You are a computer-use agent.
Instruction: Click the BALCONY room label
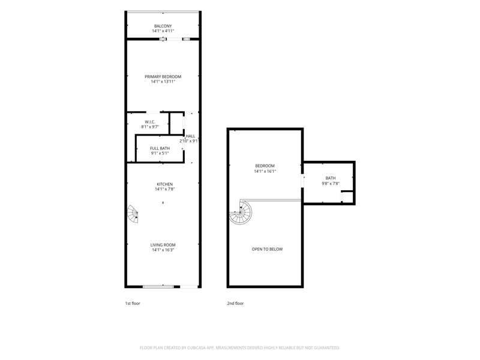coord(163,26)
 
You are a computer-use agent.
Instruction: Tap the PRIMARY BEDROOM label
coord(163,77)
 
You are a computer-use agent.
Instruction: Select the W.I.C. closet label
coord(150,122)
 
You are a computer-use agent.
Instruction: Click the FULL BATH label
coord(160,148)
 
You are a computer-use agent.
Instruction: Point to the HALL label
coord(190,136)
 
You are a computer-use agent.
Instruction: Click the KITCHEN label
coord(164,184)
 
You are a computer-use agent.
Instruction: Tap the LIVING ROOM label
coord(163,245)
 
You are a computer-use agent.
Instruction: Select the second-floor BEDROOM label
coord(265,166)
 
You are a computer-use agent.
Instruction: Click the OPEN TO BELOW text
coord(267,249)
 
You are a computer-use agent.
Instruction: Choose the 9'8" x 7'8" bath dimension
coord(331,184)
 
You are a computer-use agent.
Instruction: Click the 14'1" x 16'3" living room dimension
coord(163,250)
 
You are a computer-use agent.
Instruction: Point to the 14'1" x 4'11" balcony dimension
coord(163,31)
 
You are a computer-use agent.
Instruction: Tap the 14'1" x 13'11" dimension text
coord(163,82)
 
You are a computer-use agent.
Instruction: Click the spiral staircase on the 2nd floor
coord(241,212)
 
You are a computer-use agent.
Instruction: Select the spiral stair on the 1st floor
coord(133,214)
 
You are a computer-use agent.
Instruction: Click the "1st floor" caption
coord(133,304)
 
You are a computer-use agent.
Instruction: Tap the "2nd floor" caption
coord(235,304)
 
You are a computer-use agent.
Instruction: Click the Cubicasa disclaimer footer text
coord(240,348)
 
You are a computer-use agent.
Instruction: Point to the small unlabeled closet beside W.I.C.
coord(176,124)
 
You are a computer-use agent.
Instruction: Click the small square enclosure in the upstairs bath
coord(347,197)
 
